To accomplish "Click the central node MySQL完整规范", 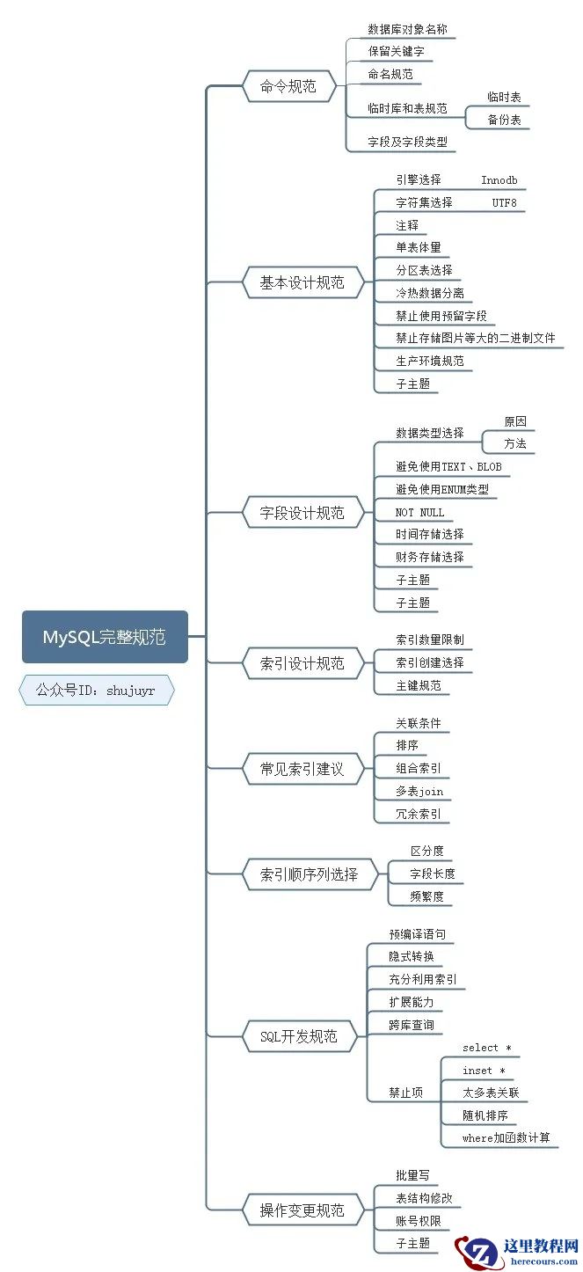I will (x=105, y=637).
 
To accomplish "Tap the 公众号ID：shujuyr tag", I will (x=96, y=691).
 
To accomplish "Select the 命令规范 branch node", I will (x=288, y=86).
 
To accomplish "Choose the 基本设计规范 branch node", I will (x=302, y=283).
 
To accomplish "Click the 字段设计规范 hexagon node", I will (x=302, y=513).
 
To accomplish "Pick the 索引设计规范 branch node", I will (x=302, y=663).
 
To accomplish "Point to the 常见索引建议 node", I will (x=302, y=769).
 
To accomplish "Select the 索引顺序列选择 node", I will (x=310, y=874).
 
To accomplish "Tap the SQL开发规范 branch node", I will (x=299, y=1036).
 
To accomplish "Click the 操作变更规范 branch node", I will (x=302, y=1210).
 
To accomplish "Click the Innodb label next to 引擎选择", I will (x=499, y=180).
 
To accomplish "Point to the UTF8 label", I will (x=505, y=203).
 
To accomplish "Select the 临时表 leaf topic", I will (x=505, y=97).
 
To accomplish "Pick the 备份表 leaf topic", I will (x=505, y=120).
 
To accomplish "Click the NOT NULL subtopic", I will (x=420, y=512).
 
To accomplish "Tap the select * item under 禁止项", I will (x=487, y=1048).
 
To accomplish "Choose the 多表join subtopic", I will (x=419, y=792).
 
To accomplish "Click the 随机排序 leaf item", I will (x=485, y=1115).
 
